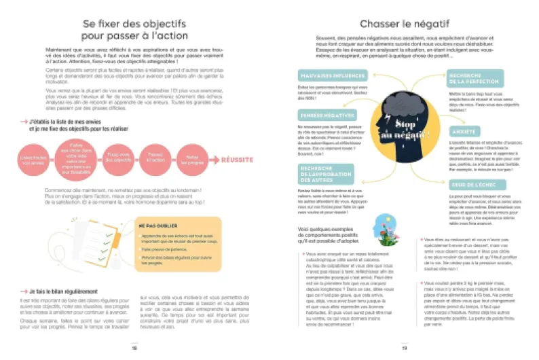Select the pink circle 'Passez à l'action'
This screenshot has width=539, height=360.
(155, 160)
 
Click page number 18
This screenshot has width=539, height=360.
(134, 347)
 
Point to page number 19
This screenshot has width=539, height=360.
(404, 347)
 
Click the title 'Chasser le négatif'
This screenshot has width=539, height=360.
(404, 24)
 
